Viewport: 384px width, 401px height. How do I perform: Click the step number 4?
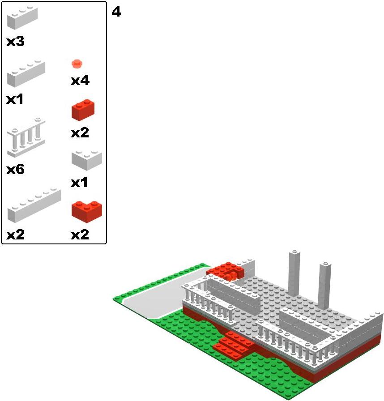pos(116,12)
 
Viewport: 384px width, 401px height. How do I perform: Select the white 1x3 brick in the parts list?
pos(22,18)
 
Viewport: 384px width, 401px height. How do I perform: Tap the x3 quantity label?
pos(15,42)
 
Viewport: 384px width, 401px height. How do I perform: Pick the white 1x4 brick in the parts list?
pos(26,73)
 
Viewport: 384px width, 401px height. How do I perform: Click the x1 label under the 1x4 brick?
pos(15,99)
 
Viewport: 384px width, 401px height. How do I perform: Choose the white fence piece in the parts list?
pos(26,137)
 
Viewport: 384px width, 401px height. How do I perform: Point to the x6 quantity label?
pos(15,169)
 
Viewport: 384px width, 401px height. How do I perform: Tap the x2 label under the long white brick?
pos(15,235)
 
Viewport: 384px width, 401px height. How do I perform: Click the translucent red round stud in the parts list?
pos(77,64)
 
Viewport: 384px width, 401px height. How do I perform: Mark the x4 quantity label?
pos(80,81)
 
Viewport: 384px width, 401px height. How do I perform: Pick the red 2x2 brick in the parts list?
pos(83,110)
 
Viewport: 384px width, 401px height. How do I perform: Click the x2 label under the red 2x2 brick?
pos(80,133)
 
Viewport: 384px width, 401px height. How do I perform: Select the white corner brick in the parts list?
pos(87,160)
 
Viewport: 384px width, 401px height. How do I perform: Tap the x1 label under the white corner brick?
pos(79,183)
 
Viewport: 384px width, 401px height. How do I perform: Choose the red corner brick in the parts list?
pos(87,212)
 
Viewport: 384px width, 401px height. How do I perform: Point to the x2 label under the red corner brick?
pos(80,235)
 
